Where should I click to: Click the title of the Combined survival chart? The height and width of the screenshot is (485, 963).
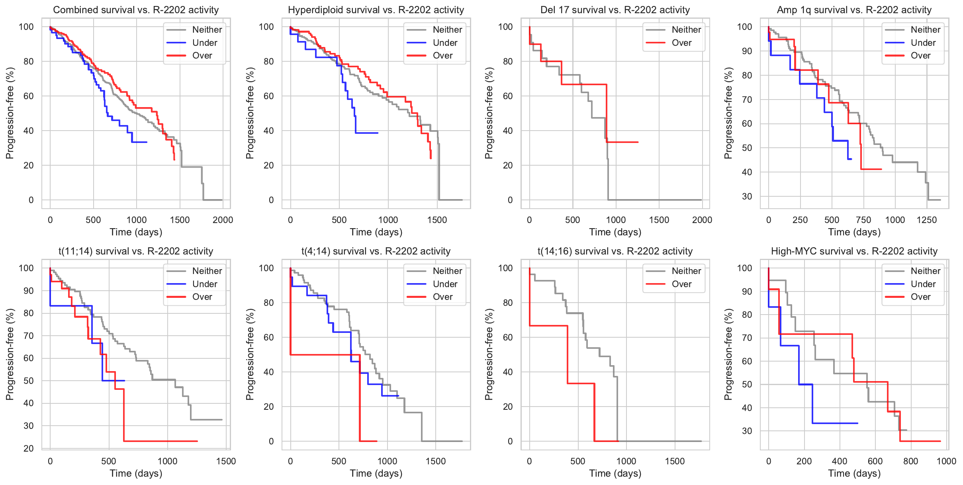point(136,10)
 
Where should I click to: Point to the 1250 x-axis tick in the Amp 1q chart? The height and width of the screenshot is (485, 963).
point(926,220)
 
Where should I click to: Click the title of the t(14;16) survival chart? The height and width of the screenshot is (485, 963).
point(615,251)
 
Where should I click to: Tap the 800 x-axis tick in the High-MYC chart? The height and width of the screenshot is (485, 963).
point(910,461)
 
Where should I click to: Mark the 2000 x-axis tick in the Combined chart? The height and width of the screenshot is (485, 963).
point(223,220)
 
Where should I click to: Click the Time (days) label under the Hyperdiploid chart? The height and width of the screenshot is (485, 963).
point(376,232)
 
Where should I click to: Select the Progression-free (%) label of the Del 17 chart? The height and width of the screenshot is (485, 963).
point(489,113)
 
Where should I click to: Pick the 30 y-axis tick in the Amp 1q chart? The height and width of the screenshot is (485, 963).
point(747,196)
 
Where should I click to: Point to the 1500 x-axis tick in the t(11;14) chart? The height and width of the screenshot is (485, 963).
point(226,461)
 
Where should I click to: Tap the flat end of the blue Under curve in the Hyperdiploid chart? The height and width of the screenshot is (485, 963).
point(366,133)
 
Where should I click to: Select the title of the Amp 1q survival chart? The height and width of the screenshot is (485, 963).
point(854,10)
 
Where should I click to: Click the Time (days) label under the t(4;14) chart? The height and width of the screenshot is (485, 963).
point(376,473)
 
